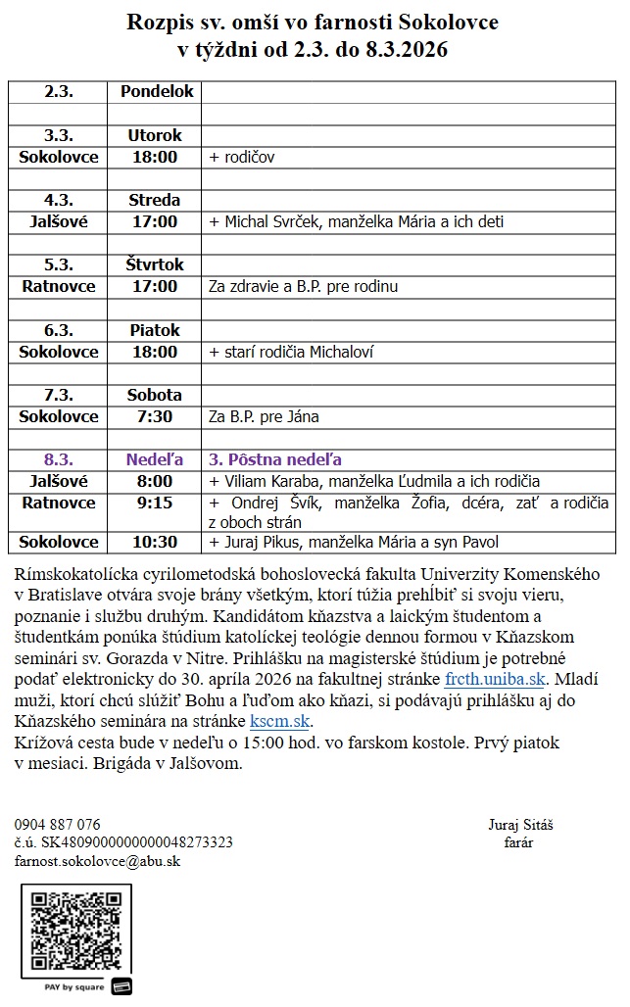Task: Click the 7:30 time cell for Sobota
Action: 155,416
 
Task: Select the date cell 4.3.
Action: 59,200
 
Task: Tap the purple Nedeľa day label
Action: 155,459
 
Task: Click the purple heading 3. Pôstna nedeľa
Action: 274,459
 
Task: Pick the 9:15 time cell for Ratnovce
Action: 155,503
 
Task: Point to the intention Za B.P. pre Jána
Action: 264,416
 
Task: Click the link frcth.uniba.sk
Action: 494,677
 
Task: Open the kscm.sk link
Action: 280,722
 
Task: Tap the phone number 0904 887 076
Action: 57,824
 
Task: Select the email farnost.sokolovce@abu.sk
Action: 97,861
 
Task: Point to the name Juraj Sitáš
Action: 520,824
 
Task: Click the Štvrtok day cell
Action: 155,264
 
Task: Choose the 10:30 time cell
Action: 155,542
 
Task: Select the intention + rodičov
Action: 242,157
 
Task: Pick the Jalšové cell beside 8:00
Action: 59,481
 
